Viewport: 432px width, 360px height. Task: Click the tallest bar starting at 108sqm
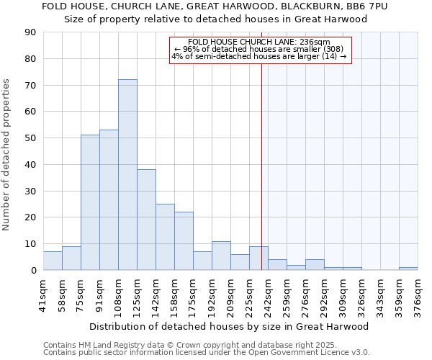pos(127,175)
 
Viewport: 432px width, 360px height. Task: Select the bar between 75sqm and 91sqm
pos(90,202)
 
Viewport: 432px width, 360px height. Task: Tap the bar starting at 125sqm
pos(146,220)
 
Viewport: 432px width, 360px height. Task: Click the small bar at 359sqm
pos(408,269)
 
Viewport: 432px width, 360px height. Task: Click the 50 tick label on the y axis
pos(31,138)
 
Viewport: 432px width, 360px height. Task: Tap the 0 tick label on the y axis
pos(34,271)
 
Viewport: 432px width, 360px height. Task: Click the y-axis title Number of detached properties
pos(7,156)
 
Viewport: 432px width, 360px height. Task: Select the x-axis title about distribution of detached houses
pos(228,326)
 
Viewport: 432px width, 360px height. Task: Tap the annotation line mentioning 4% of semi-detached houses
pos(259,57)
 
